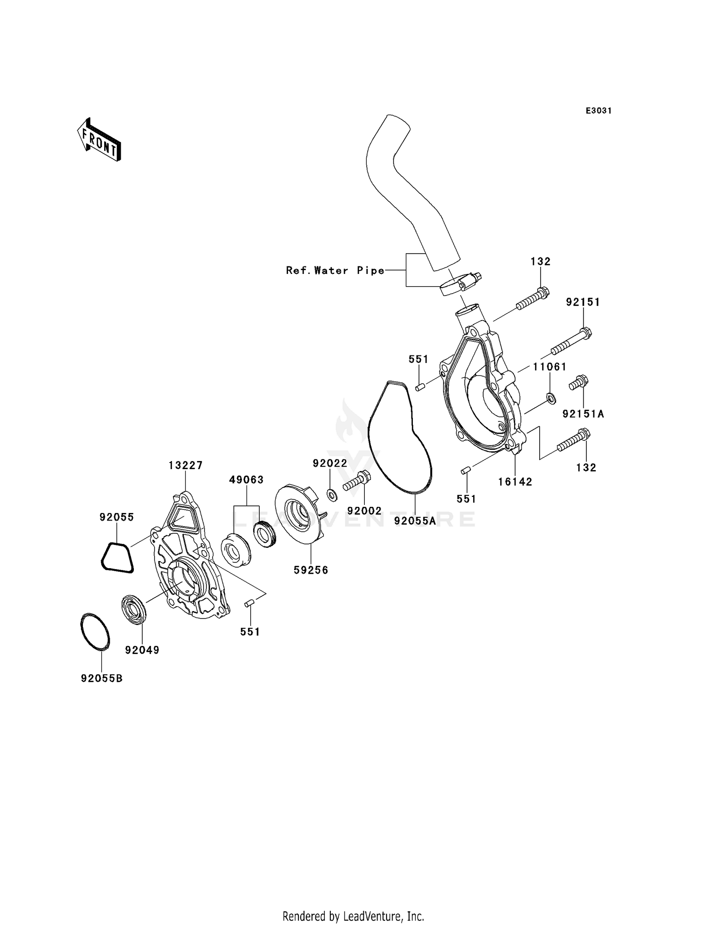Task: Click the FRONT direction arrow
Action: (x=99, y=140)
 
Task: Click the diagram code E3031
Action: (x=598, y=111)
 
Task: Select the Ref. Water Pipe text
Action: (x=335, y=271)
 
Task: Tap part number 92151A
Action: (x=583, y=414)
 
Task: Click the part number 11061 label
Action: (x=550, y=367)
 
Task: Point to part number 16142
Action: (x=515, y=481)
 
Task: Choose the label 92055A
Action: (x=415, y=521)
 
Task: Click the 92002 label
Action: (x=364, y=511)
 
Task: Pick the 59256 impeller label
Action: (x=311, y=570)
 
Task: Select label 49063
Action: (x=246, y=480)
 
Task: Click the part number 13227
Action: (x=185, y=465)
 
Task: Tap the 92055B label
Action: (x=101, y=678)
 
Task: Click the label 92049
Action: (x=142, y=650)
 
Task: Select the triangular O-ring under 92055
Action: (x=117, y=558)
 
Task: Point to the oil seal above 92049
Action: (x=134, y=610)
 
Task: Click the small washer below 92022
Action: (x=332, y=495)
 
